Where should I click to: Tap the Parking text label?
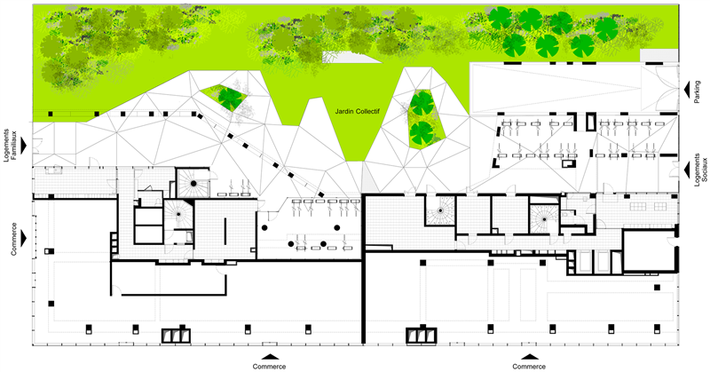[x=698, y=92]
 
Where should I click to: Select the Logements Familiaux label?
[x=10, y=146]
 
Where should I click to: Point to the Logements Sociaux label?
[x=700, y=168]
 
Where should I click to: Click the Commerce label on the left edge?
[x=14, y=239]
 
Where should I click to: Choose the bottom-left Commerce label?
[x=270, y=366]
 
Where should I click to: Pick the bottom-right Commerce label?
[x=529, y=366]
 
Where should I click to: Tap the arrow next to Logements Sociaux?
[x=686, y=169]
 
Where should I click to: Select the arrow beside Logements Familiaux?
[x=24, y=146]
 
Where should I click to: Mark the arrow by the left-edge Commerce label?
[x=24, y=238]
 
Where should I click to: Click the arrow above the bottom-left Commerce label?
[x=270, y=357]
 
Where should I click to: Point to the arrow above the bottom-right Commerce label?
[x=529, y=357]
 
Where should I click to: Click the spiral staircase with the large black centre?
[x=193, y=183]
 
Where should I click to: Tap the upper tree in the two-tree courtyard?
[x=422, y=103]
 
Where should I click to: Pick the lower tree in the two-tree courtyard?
[x=422, y=132]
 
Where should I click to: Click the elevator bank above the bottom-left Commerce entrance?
[x=177, y=335]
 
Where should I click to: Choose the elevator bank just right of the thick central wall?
[x=422, y=335]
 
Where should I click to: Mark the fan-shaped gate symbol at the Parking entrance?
[x=662, y=89]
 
